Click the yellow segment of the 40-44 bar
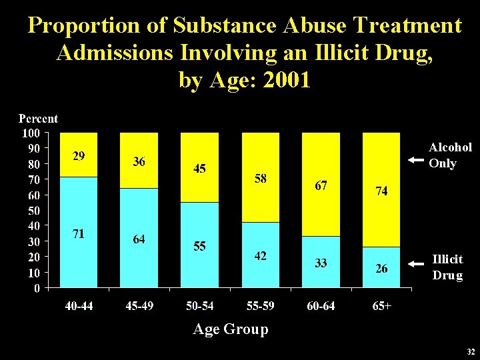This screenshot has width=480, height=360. point(79,155)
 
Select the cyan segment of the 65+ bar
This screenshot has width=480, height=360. point(381,267)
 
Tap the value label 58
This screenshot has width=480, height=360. point(261,179)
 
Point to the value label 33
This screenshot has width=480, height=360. point(321,263)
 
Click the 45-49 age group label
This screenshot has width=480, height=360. point(139,306)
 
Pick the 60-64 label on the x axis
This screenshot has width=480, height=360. point(321,306)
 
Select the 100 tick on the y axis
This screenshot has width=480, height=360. point(30,133)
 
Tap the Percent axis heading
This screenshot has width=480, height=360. point(38,119)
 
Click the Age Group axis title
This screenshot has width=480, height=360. point(230,329)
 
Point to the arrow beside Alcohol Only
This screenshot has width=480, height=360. point(416,160)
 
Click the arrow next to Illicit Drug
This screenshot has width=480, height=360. point(416,264)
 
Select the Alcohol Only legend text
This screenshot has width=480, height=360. point(450,155)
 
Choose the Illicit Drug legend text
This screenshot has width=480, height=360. point(447,267)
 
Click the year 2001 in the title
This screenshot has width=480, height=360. point(287,80)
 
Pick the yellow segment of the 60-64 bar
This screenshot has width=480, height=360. point(321,184)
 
